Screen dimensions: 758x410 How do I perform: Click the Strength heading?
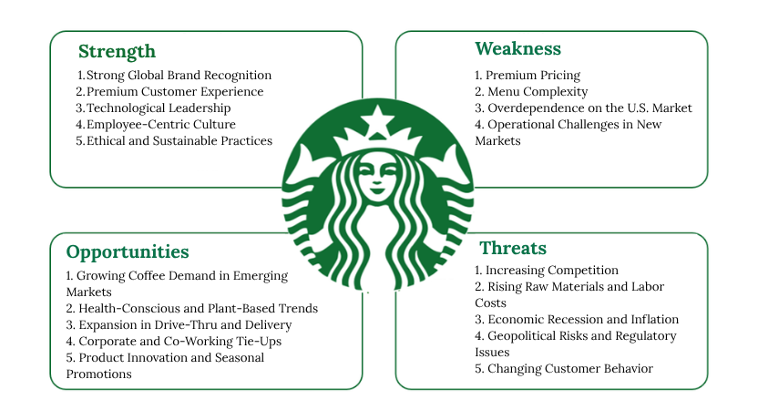(x=117, y=52)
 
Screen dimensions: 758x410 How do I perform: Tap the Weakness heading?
(x=517, y=48)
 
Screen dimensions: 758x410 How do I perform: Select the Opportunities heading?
(x=128, y=252)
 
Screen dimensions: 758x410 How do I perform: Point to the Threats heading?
(x=513, y=248)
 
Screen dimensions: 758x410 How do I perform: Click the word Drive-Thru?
(x=185, y=325)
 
